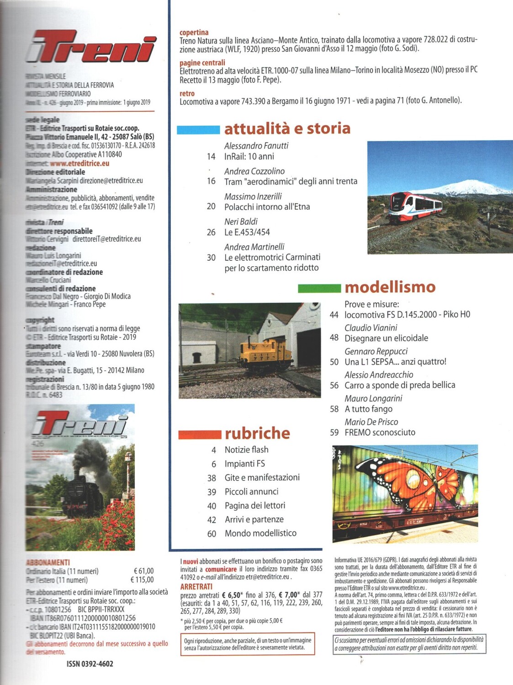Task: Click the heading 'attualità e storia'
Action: (x=287, y=128)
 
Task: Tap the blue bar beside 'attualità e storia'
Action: (x=198, y=130)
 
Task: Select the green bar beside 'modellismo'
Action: (x=319, y=288)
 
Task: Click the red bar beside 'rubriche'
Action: (x=200, y=435)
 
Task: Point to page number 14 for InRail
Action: (x=211, y=157)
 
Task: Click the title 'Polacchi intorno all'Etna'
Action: (x=267, y=206)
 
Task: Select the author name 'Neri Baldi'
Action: (x=241, y=221)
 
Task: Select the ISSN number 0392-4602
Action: (x=90, y=664)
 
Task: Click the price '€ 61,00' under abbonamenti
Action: (x=143, y=571)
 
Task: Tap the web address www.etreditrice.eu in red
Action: (x=79, y=163)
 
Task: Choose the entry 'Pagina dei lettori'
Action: (x=255, y=506)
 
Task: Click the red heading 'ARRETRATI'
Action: (x=196, y=586)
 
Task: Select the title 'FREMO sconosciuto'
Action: (x=380, y=432)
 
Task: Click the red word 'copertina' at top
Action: (x=194, y=32)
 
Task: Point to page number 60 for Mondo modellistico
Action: (x=212, y=533)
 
